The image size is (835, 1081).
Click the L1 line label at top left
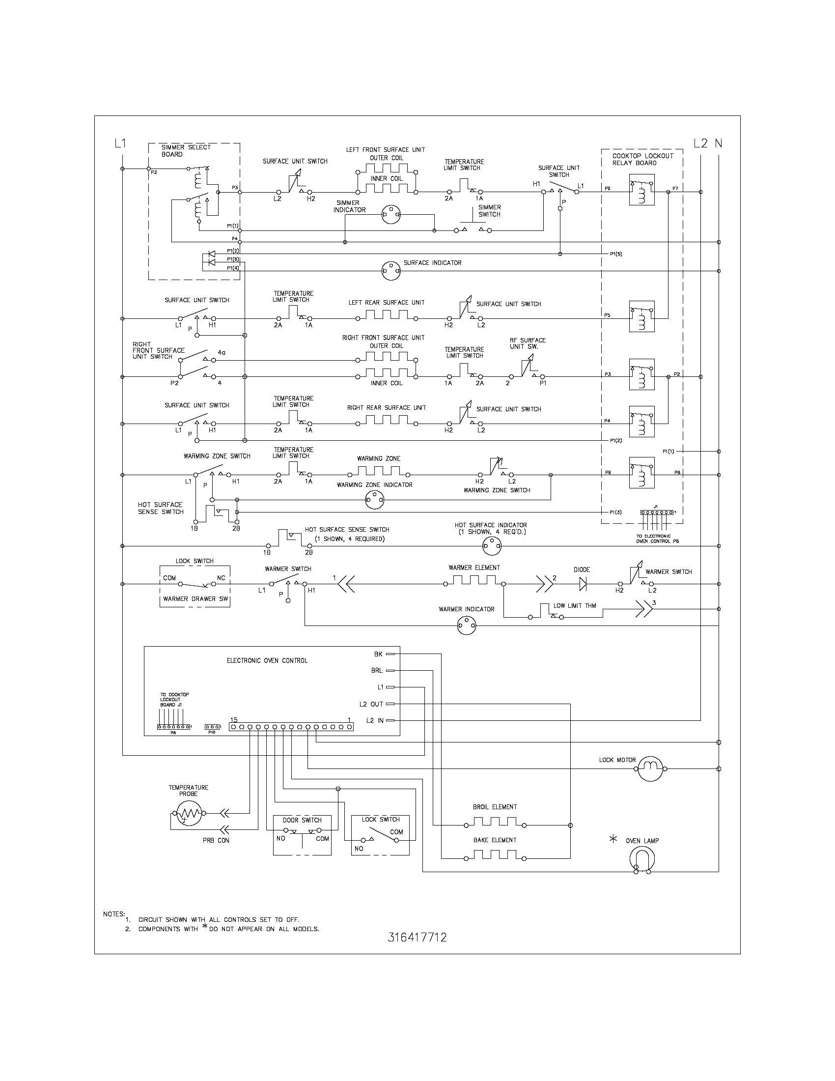(x=120, y=143)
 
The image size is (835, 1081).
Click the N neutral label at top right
(x=719, y=143)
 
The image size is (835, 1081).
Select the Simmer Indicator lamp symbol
(x=391, y=215)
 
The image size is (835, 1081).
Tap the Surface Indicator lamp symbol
(x=391, y=271)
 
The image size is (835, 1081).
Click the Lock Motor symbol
(x=649, y=768)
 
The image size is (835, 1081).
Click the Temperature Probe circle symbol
(x=188, y=813)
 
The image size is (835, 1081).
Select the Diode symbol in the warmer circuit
(x=583, y=584)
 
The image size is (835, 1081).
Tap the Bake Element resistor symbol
(x=495, y=855)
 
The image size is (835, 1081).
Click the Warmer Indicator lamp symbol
(x=467, y=626)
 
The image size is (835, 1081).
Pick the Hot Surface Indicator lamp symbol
(x=492, y=546)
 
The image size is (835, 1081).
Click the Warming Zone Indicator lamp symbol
(x=374, y=500)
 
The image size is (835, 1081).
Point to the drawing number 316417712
(x=417, y=938)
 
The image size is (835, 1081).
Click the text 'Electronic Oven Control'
(x=267, y=660)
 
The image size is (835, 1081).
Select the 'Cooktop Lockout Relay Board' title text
(x=642, y=159)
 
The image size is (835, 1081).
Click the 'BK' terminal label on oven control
(x=378, y=654)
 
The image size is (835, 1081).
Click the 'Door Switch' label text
(x=302, y=820)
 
